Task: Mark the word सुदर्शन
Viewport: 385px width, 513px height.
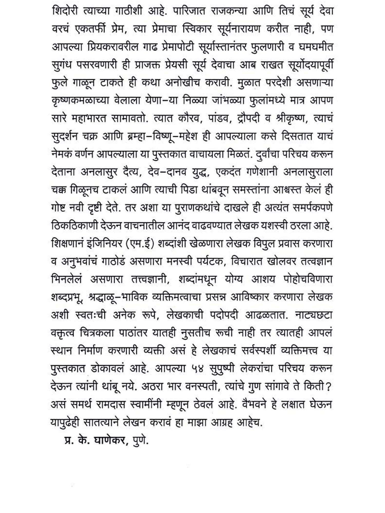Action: (66, 136)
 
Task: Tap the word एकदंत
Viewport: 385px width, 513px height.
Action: (228, 172)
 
